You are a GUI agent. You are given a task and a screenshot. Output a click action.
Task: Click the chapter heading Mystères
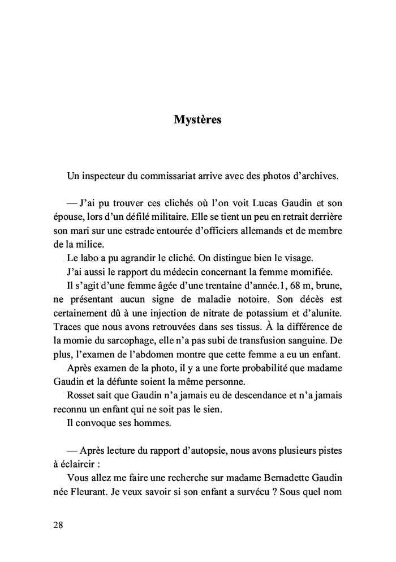point(197,120)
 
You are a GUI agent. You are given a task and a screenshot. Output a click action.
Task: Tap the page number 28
point(58,524)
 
